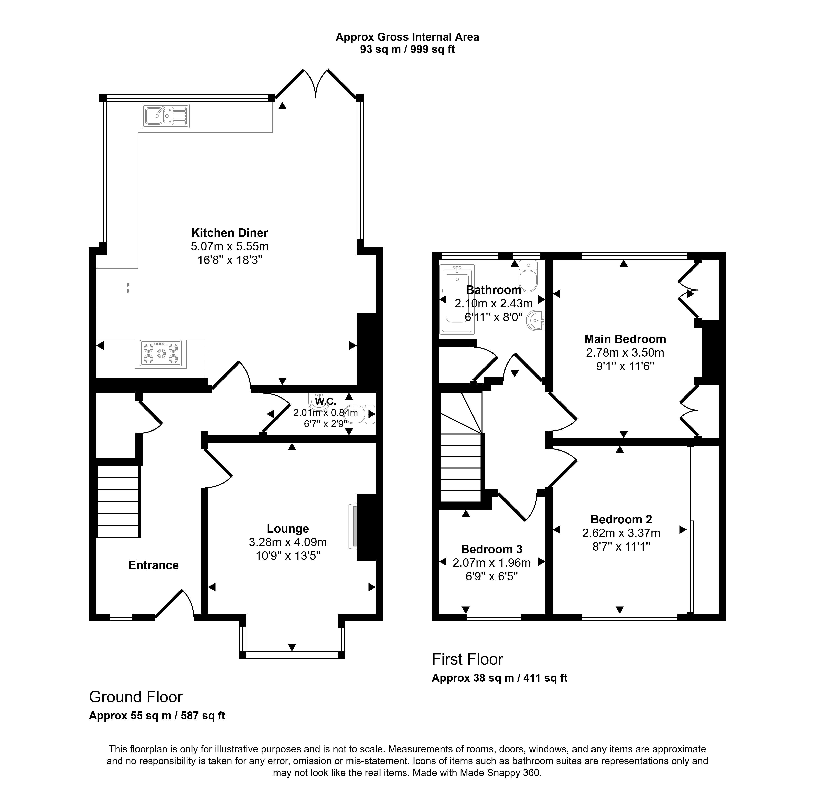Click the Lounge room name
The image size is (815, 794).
[288, 529]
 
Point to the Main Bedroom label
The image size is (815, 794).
[625, 339]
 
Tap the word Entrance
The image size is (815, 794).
[153, 565]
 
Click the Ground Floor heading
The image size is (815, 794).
[136, 697]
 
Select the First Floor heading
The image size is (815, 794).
[467, 659]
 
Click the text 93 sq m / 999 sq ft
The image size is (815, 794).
[407, 50]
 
